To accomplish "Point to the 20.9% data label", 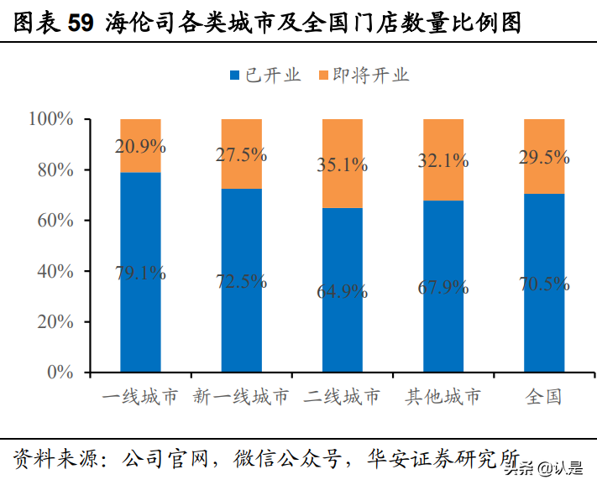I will pyautogui.click(x=140, y=147).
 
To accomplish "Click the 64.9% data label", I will pyautogui.click(x=343, y=291).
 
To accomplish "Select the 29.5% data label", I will pyautogui.click(x=544, y=157).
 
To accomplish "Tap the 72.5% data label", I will pyautogui.click(x=242, y=281).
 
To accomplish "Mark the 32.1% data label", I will pyautogui.click(x=443, y=160).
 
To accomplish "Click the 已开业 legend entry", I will pyautogui.click(x=264, y=75).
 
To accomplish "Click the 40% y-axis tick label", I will pyautogui.click(x=56, y=271).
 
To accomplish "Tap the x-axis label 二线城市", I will pyautogui.click(x=343, y=396).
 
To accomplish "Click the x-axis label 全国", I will pyautogui.click(x=544, y=396).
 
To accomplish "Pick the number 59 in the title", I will pyautogui.click(x=80, y=23).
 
